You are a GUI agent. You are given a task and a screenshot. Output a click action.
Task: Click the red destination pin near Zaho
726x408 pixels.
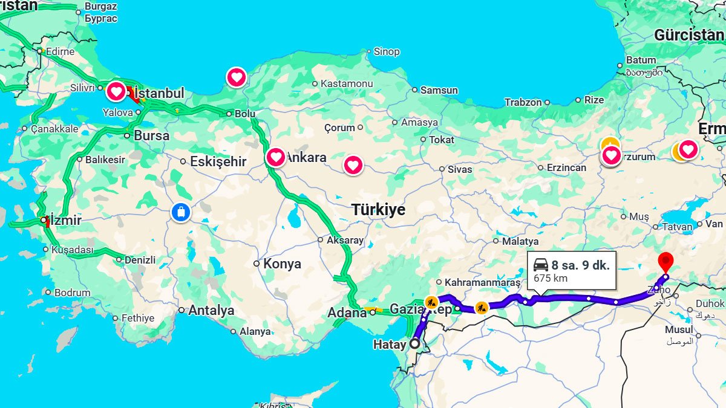665,262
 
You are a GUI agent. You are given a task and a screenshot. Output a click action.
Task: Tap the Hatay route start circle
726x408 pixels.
414,343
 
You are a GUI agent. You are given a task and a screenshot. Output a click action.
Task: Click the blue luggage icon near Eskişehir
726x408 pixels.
181,212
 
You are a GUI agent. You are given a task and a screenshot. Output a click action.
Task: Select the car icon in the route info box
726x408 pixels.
541,265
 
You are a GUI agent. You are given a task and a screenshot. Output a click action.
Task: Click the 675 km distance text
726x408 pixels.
551,279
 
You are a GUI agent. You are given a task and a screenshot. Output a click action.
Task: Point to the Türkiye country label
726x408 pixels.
379,210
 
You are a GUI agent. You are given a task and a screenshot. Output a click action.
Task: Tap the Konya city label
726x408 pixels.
282,264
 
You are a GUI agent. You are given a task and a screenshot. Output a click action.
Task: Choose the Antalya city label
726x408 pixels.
211,310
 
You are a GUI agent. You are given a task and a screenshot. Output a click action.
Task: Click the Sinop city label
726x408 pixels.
387,52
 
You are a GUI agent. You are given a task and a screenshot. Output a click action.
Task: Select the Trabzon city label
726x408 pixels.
523,102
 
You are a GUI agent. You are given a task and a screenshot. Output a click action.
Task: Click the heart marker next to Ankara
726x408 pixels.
276,157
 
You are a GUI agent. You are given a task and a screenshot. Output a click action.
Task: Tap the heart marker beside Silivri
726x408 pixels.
116,92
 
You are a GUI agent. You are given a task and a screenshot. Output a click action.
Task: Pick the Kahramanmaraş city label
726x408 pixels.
482,282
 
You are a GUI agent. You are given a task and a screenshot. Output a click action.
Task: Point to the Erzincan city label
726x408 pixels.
566,167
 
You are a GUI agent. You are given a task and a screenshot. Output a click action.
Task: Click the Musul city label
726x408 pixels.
679,330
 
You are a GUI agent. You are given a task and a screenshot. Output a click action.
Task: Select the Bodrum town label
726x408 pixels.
73,293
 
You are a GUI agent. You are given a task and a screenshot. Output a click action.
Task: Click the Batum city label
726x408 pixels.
641,60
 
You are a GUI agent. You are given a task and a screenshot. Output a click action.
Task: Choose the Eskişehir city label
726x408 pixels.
218,161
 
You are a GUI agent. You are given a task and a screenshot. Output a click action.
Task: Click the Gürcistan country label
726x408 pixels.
688,35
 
